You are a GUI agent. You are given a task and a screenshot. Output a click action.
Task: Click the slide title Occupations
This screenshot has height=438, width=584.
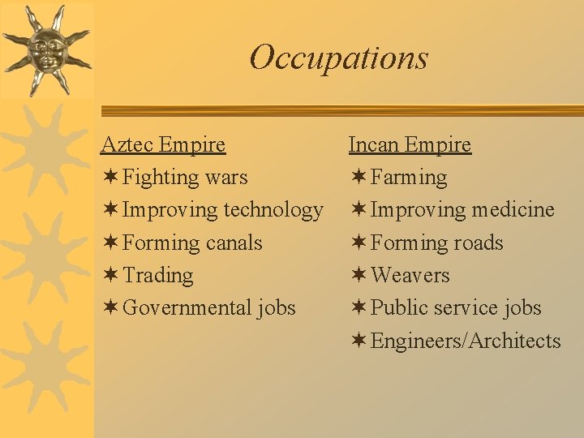(338, 58)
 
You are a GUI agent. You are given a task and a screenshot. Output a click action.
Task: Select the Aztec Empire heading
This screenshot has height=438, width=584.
(163, 144)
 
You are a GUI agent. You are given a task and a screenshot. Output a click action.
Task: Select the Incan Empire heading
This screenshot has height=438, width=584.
(410, 144)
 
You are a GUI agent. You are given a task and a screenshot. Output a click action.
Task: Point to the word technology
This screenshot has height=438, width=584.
(273, 210)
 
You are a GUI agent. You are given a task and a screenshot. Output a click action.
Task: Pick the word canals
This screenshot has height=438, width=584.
(234, 243)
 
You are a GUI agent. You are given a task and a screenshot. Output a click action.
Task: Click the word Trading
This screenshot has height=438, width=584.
(158, 275)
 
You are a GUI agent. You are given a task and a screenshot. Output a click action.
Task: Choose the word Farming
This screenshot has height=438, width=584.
(409, 177)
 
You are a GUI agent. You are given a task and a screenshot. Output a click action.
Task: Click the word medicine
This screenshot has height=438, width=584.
(513, 210)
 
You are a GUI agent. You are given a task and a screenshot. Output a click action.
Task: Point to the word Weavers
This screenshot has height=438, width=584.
(410, 275)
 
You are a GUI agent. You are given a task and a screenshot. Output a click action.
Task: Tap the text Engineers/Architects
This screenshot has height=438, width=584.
(466, 341)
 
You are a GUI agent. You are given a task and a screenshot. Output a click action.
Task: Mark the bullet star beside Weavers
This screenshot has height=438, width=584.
(358, 275)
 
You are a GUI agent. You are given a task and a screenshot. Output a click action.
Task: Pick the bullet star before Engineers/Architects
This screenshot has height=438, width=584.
(358, 341)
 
